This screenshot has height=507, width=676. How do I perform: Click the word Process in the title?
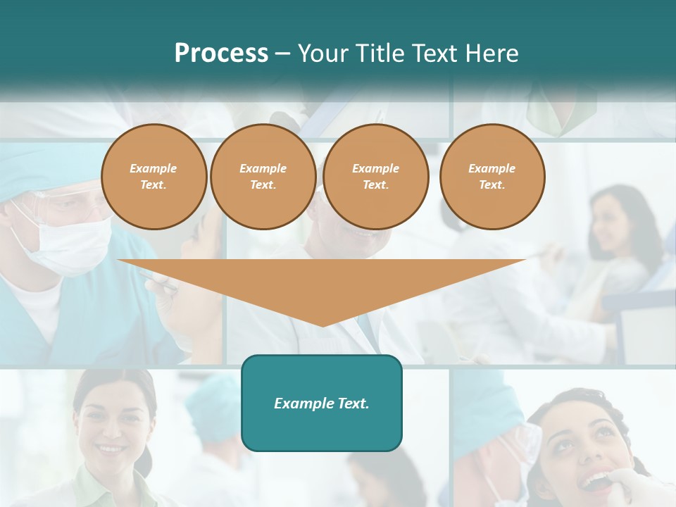click(x=221, y=54)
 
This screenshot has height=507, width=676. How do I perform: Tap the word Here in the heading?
click(x=491, y=54)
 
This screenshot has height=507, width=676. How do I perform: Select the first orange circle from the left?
click(x=154, y=177)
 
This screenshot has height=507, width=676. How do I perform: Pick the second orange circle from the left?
click(x=263, y=177)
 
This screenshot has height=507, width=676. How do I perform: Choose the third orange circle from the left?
click(x=376, y=177)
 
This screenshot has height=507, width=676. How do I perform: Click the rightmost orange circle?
click(x=492, y=177)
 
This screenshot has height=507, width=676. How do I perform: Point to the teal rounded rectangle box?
click(x=322, y=403)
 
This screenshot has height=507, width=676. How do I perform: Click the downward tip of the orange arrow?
click(x=323, y=324)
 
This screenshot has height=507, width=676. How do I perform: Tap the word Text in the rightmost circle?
click(x=492, y=185)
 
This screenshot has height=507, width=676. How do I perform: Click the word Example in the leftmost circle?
click(x=154, y=169)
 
